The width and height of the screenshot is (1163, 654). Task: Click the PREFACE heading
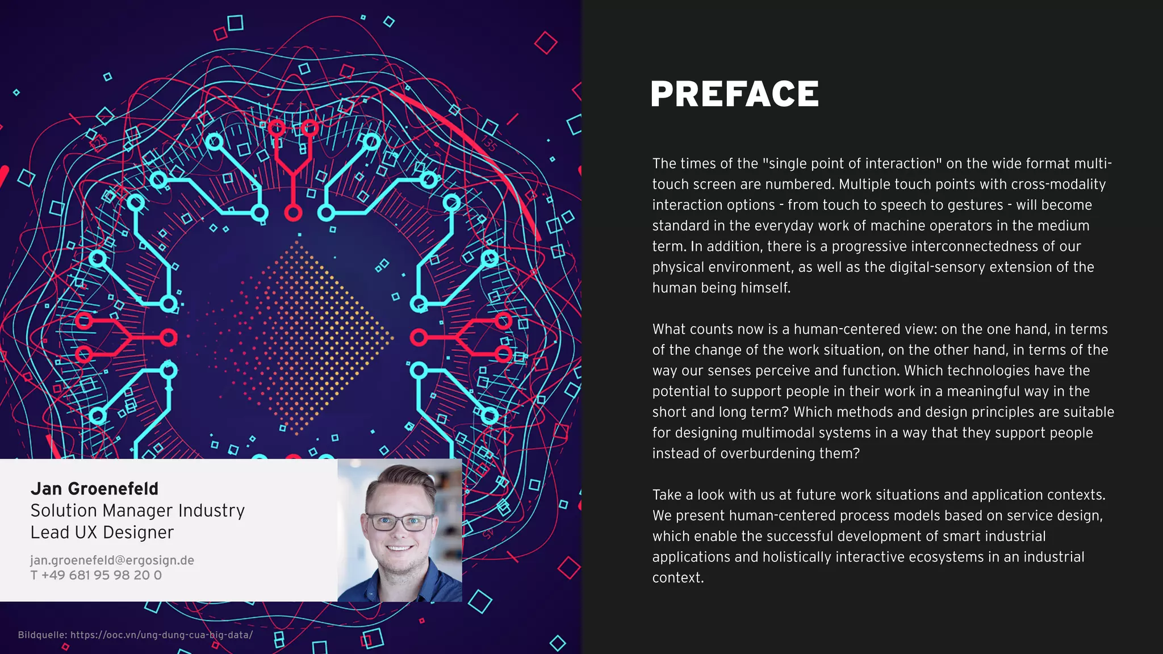(734, 94)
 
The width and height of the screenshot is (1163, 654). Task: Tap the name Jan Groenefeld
(94, 489)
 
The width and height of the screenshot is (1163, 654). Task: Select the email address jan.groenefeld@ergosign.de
(112, 560)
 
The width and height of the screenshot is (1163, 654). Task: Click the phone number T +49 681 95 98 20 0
(96, 575)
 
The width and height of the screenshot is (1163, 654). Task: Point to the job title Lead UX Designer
(102, 533)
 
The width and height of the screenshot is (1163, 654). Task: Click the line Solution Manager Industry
(137, 510)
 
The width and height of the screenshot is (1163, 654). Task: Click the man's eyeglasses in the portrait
(400, 522)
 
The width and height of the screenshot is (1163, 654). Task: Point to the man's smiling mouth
(399, 548)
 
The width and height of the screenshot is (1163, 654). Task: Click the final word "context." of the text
(678, 578)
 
